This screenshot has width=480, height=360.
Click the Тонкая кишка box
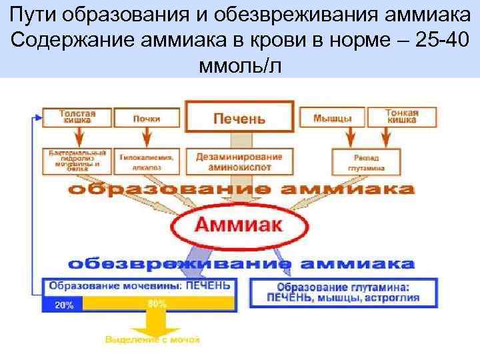[x=401, y=117]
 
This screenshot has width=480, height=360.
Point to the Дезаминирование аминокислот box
[x=239, y=161]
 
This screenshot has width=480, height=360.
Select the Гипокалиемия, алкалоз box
[x=147, y=162]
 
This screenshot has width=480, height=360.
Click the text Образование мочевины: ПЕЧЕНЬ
[x=138, y=285]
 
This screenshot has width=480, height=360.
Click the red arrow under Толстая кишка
[x=77, y=137]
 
